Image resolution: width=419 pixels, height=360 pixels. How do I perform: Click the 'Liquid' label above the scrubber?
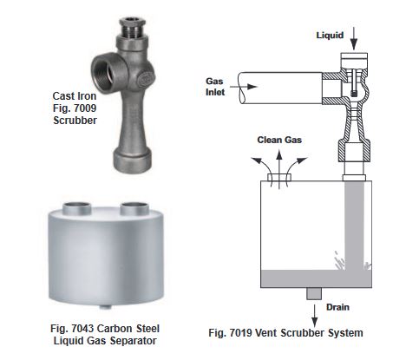point(330,36)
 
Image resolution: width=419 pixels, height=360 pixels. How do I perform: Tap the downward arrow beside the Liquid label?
point(354,38)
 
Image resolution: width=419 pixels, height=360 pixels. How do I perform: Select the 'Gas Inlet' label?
point(215,87)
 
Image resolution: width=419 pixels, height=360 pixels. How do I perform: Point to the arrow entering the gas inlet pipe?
point(244,87)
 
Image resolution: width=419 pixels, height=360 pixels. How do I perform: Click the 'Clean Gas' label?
point(279,140)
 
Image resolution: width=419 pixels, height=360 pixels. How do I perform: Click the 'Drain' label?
point(337,307)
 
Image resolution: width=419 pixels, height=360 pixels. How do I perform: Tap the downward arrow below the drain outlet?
point(314,316)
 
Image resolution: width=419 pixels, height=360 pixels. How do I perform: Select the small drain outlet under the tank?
point(314,293)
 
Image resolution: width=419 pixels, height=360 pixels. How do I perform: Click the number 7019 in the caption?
point(241,333)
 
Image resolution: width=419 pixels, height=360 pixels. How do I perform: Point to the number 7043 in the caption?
point(82,329)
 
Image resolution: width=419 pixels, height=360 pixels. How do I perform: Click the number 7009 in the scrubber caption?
point(84,108)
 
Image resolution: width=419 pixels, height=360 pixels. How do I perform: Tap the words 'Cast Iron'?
point(75,96)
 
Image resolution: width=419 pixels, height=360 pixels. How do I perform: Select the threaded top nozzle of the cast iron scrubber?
point(133,28)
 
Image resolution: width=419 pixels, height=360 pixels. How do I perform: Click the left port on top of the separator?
point(77,208)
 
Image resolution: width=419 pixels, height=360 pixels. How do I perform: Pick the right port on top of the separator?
point(134,208)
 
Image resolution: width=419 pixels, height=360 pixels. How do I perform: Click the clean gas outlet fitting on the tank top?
point(279,177)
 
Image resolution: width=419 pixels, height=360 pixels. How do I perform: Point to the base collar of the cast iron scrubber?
point(133,160)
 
